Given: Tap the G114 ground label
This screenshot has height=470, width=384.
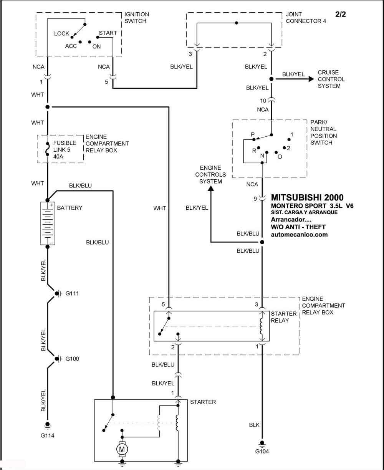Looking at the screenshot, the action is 47,435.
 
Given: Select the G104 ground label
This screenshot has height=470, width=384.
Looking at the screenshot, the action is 262,451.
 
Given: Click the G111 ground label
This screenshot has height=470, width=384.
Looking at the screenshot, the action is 72,293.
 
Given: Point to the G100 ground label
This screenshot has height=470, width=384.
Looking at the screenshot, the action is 72,359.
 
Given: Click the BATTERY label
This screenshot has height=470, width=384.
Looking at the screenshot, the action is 70,208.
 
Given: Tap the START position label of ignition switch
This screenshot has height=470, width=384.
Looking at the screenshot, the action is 108,33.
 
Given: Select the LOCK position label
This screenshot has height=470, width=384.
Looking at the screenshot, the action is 61,33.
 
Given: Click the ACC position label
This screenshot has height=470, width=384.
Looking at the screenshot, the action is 71,46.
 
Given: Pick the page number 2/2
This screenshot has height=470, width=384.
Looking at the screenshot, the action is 341,14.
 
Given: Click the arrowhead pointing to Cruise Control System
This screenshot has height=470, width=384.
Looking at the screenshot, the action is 311,79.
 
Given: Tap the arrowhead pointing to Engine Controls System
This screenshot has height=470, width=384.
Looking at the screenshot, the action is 211,188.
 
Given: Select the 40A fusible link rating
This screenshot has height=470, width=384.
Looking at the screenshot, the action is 58,156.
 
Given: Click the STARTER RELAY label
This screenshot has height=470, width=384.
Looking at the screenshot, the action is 283,317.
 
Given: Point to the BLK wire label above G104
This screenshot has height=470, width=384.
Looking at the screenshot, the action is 254,425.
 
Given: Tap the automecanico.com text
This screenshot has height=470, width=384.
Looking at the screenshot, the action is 299,235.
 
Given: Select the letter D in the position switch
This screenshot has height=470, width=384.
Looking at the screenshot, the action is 280,157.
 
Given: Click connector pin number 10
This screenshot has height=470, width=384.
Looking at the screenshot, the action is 263,101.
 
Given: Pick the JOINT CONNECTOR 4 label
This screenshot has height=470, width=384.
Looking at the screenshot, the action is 306,18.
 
